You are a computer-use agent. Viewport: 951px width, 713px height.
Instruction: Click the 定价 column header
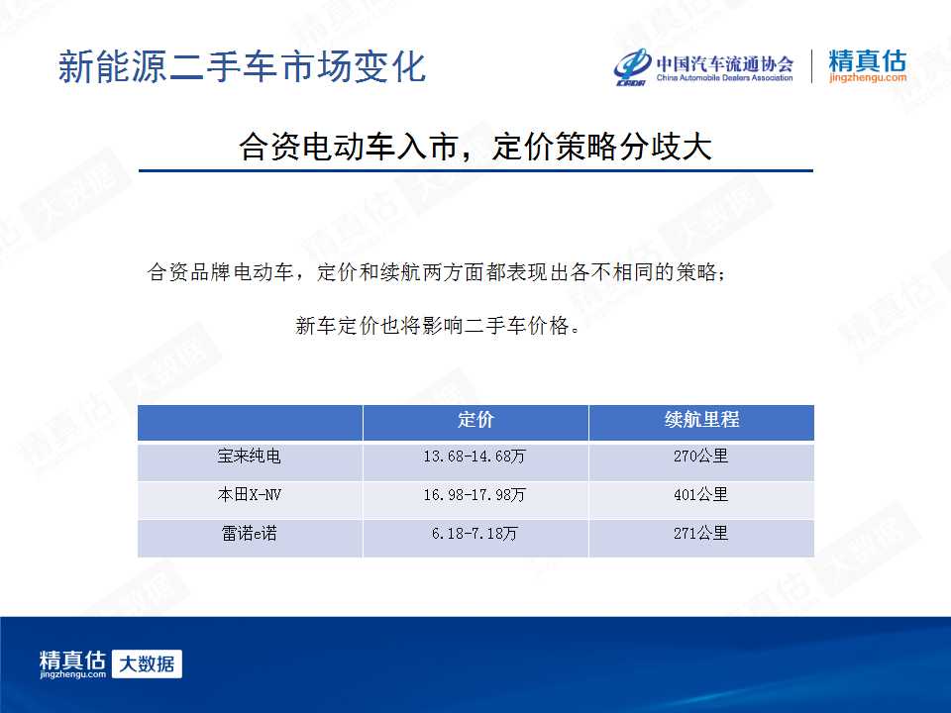point(475,420)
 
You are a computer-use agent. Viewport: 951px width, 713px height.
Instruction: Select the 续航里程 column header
point(701,420)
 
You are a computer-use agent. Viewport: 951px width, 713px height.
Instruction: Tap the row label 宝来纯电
point(250,456)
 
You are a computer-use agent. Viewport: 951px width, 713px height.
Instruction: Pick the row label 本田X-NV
point(250,495)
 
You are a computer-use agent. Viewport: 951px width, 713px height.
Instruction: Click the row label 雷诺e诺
point(250,534)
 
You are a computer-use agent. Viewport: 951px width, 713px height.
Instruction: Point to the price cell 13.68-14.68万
point(475,456)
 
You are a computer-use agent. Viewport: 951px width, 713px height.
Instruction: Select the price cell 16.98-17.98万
point(475,495)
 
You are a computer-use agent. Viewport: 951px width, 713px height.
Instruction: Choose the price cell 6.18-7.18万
point(475,534)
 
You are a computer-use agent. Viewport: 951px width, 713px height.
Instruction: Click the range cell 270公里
point(700,456)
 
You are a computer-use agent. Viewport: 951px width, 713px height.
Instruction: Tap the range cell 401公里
point(700,495)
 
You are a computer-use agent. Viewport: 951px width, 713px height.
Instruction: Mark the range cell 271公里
point(700,534)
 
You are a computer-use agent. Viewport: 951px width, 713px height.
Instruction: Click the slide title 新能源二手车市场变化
point(242,66)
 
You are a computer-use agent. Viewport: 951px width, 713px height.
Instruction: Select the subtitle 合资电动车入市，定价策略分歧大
point(475,147)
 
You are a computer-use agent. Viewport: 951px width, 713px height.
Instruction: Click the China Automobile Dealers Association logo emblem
point(632,66)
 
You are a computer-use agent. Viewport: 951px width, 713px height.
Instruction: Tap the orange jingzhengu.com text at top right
point(868,77)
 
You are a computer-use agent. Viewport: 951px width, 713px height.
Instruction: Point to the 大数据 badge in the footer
point(147,663)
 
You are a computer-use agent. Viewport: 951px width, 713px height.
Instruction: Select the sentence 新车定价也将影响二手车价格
point(437,326)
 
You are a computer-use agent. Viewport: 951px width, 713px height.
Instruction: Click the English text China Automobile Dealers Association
point(725,77)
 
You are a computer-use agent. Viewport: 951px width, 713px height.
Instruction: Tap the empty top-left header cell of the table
point(250,423)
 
